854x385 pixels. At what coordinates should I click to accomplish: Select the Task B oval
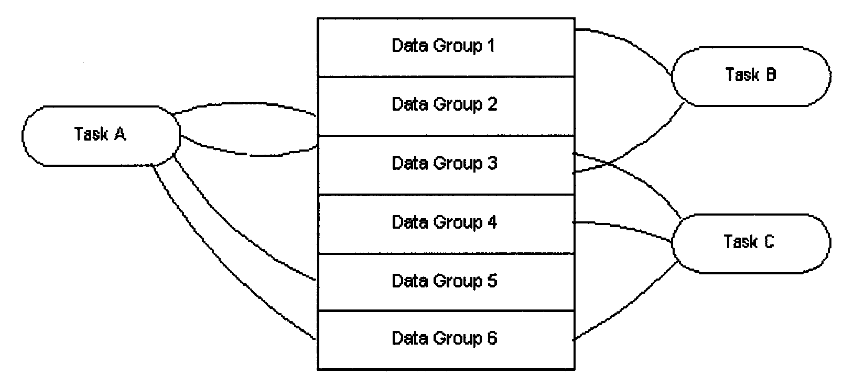pyautogui.click(x=751, y=76)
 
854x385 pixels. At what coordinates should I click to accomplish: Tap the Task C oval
pyautogui.click(x=751, y=243)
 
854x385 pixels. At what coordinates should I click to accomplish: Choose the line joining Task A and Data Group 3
pyautogui.click(x=246, y=154)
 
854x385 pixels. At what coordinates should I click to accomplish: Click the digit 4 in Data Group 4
pyautogui.click(x=492, y=222)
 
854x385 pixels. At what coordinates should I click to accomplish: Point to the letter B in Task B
pyautogui.click(x=771, y=74)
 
